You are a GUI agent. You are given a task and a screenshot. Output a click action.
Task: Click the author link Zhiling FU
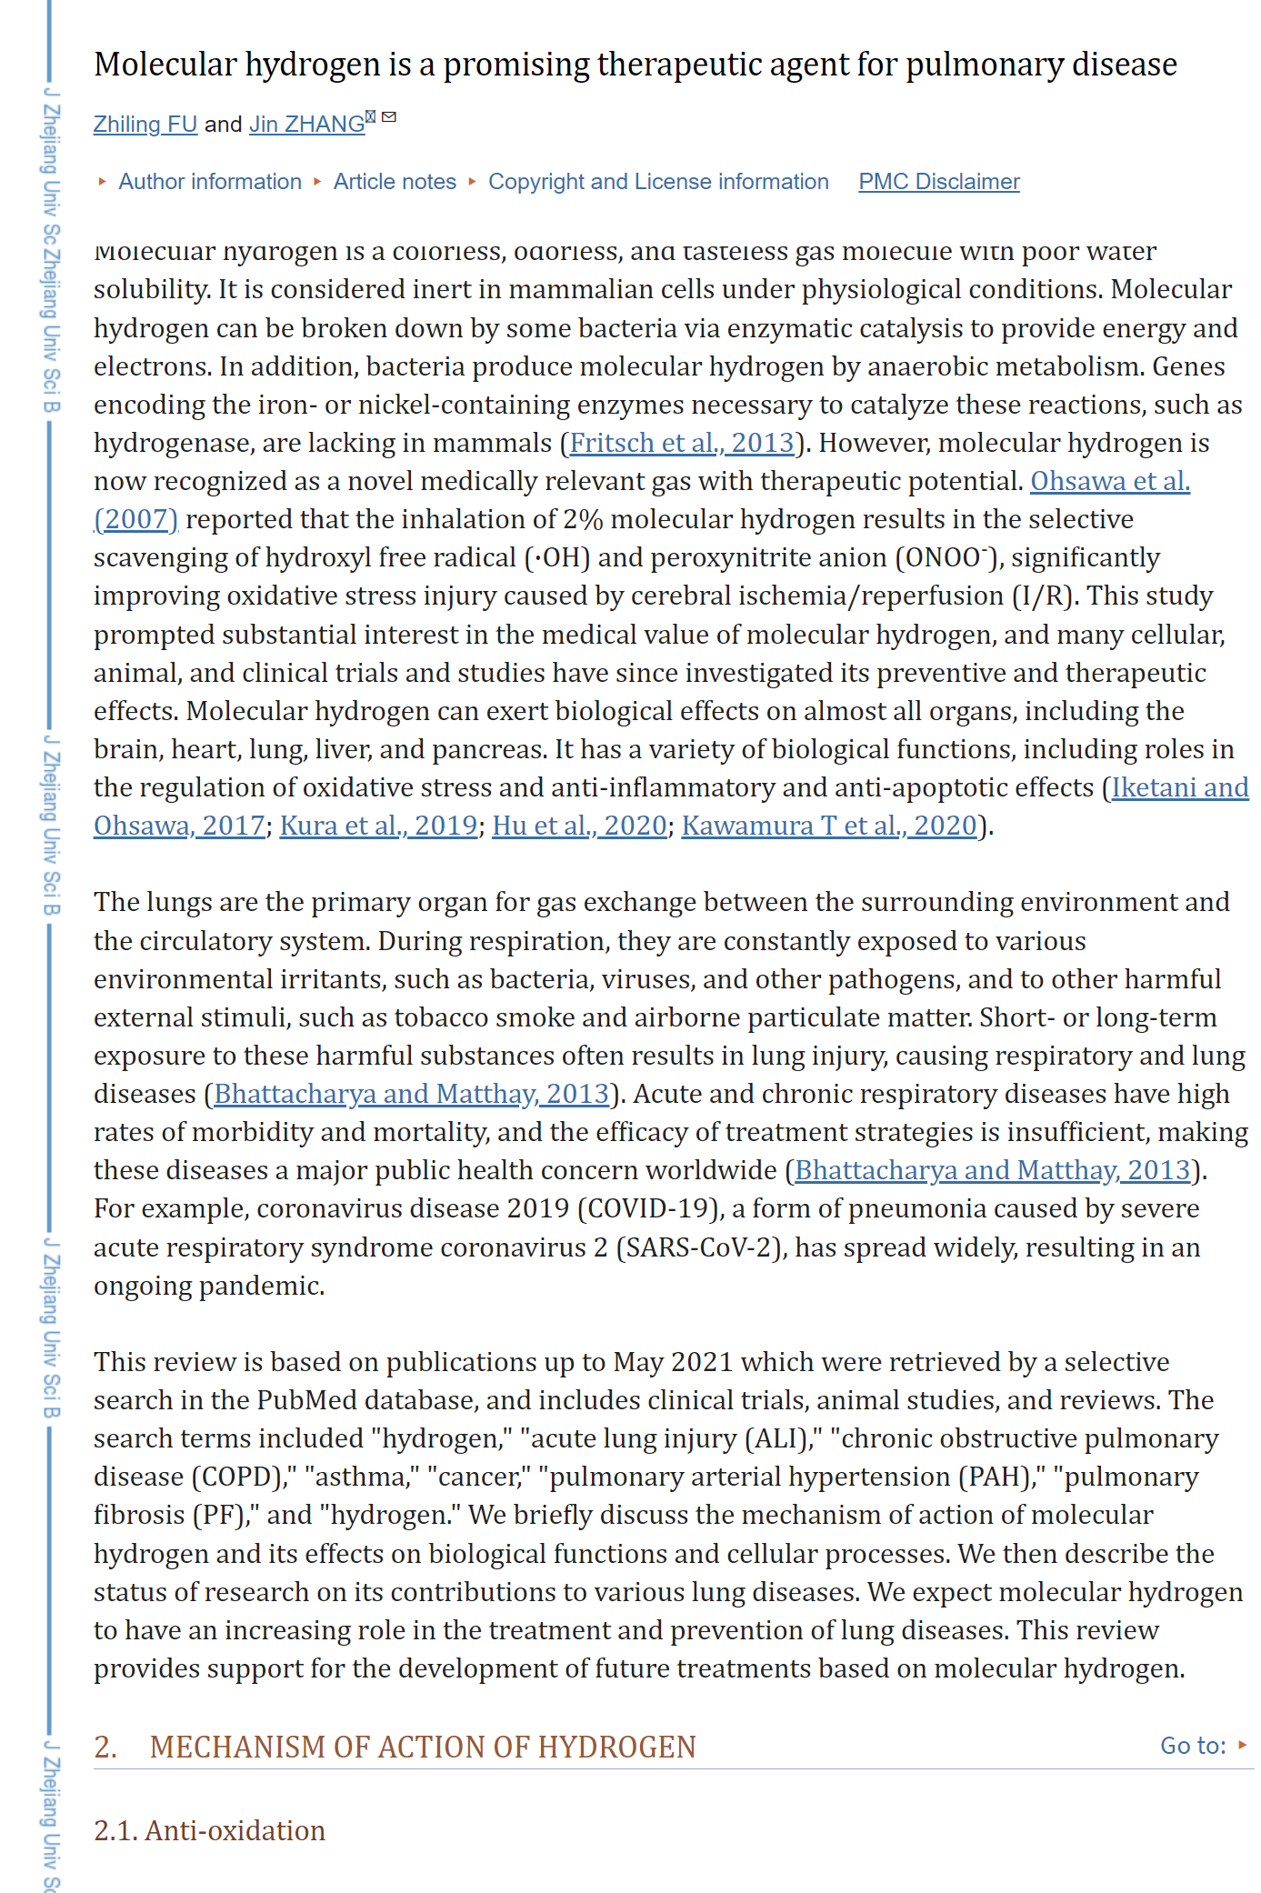tap(145, 125)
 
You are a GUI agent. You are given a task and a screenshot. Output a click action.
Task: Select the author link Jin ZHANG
tap(306, 125)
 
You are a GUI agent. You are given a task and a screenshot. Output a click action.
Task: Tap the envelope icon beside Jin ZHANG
tap(389, 117)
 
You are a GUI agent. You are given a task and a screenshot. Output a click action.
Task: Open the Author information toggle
tap(209, 182)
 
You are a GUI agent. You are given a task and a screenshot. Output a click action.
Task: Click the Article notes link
tap(395, 182)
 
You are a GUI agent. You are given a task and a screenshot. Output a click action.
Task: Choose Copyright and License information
tap(658, 182)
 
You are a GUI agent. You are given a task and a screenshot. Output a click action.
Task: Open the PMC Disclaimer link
tap(939, 182)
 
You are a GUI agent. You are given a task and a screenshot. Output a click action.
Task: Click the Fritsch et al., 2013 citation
tap(682, 443)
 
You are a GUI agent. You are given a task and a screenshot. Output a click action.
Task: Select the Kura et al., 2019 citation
tap(378, 826)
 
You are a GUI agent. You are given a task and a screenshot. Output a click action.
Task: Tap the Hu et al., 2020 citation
tap(579, 826)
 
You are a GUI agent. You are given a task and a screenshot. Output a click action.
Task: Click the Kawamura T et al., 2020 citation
tap(829, 826)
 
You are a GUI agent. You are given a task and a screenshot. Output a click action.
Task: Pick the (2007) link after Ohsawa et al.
tap(136, 519)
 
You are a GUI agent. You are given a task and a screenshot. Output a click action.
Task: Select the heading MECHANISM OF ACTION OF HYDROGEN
tap(423, 1747)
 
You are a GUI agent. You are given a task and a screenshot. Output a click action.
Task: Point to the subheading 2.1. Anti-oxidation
tap(210, 1830)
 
